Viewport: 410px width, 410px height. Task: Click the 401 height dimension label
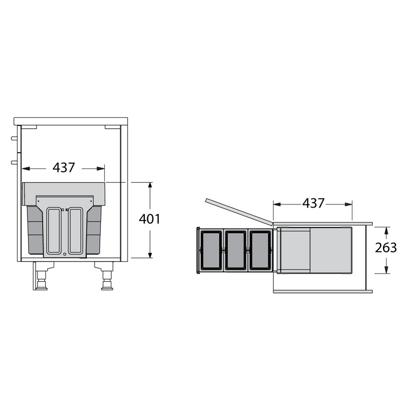pos(149,219)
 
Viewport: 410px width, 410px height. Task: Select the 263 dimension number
pos(386,248)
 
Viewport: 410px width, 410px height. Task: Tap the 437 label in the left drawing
pos(64,168)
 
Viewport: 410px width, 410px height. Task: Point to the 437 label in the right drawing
pos(313,203)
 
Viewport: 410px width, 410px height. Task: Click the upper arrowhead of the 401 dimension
pos(150,185)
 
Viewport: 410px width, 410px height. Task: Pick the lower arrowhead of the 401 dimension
pos(150,255)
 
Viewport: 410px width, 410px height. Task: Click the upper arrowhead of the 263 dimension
pos(386,230)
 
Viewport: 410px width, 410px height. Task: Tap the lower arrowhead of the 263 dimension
pos(386,270)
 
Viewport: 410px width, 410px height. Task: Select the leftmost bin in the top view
pos(211,250)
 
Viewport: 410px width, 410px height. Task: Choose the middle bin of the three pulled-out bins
pos(236,250)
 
